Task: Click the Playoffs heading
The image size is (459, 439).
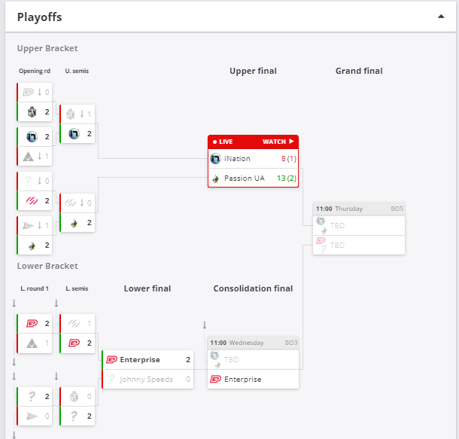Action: pyautogui.click(x=40, y=17)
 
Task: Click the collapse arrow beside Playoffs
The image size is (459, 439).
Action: pyautogui.click(x=441, y=17)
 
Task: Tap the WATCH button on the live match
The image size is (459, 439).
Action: pyautogui.click(x=278, y=142)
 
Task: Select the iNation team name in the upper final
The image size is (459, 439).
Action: pyautogui.click(x=237, y=159)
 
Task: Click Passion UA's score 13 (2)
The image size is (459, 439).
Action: pyautogui.click(x=287, y=178)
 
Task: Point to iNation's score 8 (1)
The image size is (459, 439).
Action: pyautogui.click(x=289, y=159)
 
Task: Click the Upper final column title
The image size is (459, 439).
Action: pyautogui.click(x=253, y=71)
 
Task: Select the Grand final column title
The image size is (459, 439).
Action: pyautogui.click(x=359, y=71)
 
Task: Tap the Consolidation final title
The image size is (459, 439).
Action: pyautogui.click(x=253, y=288)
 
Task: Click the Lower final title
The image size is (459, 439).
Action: pyautogui.click(x=147, y=288)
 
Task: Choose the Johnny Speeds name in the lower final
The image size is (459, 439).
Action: pyautogui.click(x=146, y=380)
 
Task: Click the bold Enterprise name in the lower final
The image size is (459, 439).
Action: pyautogui.click(x=140, y=360)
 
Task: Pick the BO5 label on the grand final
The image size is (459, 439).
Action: pyautogui.click(x=397, y=209)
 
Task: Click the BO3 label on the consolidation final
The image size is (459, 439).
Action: pyautogui.click(x=291, y=343)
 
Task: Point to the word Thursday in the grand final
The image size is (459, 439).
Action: pyautogui.click(x=348, y=209)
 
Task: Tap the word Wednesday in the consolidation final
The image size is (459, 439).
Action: pyautogui.click(x=246, y=343)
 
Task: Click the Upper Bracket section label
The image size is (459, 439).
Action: pyautogui.click(x=47, y=48)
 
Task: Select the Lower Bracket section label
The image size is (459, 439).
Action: pyautogui.click(x=47, y=266)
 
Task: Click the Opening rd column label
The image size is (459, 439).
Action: pyautogui.click(x=35, y=72)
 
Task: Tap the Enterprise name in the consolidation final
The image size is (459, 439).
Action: pyautogui.click(x=243, y=380)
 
